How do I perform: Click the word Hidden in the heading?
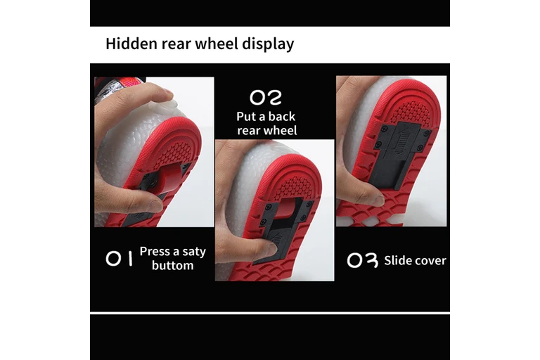(131, 44)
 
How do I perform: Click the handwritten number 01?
(119, 258)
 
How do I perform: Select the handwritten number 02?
(266, 98)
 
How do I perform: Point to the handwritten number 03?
(363, 260)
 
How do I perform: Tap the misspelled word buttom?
(172, 266)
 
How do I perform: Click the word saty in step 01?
(194, 252)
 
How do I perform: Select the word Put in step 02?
(246, 117)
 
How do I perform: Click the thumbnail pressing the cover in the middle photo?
(274, 249)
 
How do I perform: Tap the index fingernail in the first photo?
(168, 93)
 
